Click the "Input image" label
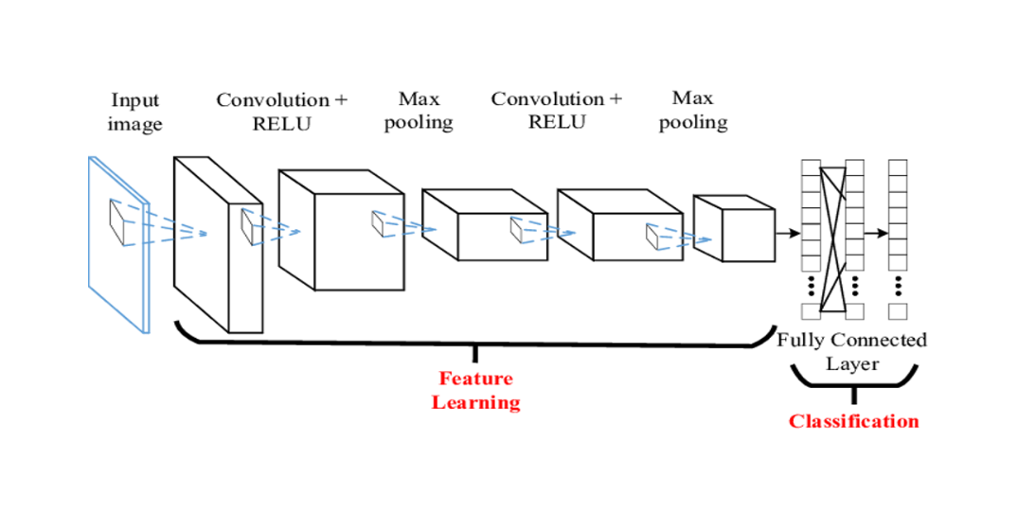(134, 112)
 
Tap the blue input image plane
(118, 246)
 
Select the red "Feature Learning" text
(475, 390)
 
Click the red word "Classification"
(853, 421)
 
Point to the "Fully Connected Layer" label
(852, 351)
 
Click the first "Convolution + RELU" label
(282, 112)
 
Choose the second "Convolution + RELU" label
(557, 110)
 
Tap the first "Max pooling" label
(419, 110)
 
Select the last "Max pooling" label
(693, 110)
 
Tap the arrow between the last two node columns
(876, 233)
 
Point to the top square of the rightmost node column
(897, 168)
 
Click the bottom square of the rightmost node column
(897, 311)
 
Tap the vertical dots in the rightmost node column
(897, 286)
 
